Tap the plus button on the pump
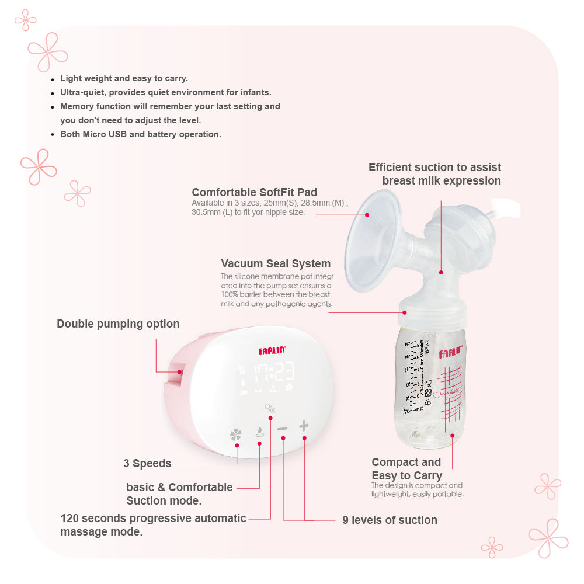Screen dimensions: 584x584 click(304, 426)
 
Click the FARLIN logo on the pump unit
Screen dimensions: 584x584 click(270, 351)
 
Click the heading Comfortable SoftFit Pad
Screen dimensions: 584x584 click(255, 192)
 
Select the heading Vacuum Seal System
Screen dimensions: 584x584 click(276, 263)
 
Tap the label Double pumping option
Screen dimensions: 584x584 click(118, 324)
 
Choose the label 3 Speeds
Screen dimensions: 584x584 click(147, 464)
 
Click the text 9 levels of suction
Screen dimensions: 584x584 click(390, 520)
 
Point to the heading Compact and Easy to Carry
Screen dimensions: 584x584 click(406, 469)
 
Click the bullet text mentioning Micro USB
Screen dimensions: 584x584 click(141, 134)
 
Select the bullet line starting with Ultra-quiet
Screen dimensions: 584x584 click(166, 92)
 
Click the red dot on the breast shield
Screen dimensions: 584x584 click(368, 214)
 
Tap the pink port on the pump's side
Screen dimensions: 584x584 click(178, 371)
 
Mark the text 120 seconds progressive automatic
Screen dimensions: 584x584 click(154, 518)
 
